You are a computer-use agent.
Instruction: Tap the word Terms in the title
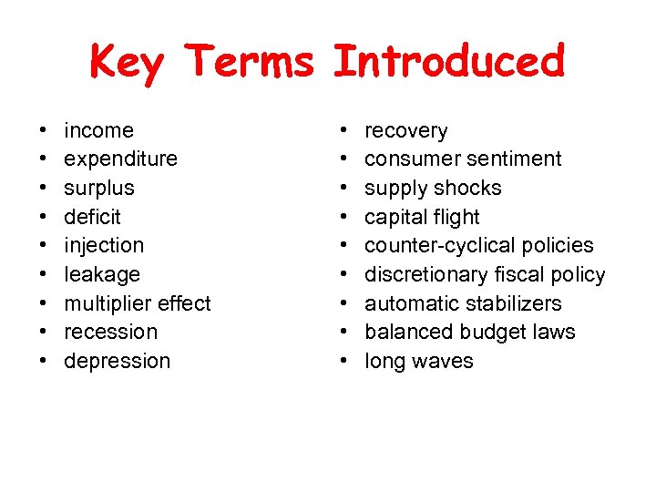pos(250,63)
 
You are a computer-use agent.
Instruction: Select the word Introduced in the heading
pos(449,63)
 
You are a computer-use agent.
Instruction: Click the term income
pos(98,130)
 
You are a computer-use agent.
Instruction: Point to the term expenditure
pos(120,159)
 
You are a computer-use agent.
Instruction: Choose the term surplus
pos(98,188)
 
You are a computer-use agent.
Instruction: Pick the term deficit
pos(92,217)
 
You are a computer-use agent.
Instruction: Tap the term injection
pos(104,245)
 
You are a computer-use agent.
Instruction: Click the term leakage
pos(102,274)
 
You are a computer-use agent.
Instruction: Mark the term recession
pos(110,332)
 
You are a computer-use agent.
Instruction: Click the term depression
pos(117,361)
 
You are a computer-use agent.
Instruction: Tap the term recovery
pos(405,130)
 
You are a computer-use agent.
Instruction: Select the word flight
pos(455,217)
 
